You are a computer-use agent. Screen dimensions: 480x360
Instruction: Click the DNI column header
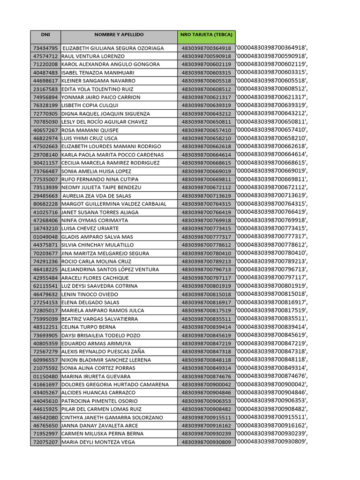[x=45, y=35]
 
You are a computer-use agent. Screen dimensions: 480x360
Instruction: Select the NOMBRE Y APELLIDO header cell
[x=119, y=35]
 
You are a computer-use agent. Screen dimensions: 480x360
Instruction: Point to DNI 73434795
[x=45, y=48]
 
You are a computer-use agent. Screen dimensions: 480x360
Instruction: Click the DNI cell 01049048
[x=45, y=237]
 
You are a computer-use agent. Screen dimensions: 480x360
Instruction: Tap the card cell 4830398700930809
[x=206, y=442]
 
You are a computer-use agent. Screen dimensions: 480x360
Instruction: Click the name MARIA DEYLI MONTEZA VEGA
[x=98, y=442]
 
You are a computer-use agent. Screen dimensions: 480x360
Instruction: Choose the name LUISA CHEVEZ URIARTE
[x=90, y=229]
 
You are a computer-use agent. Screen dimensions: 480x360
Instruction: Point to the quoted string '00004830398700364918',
[x=273, y=48]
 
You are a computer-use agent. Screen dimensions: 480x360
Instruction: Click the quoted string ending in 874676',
[x=273, y=376]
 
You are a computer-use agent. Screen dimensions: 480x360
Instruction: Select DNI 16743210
[x=45, y=229]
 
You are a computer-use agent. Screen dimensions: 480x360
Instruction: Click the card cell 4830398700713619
[x=206, y=196]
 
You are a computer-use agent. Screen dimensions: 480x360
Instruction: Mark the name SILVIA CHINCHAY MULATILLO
[x=97, y=245]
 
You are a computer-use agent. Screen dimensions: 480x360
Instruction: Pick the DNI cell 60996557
[x=45, y=360]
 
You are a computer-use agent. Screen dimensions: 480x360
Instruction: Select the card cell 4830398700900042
[x=206, y=385]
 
